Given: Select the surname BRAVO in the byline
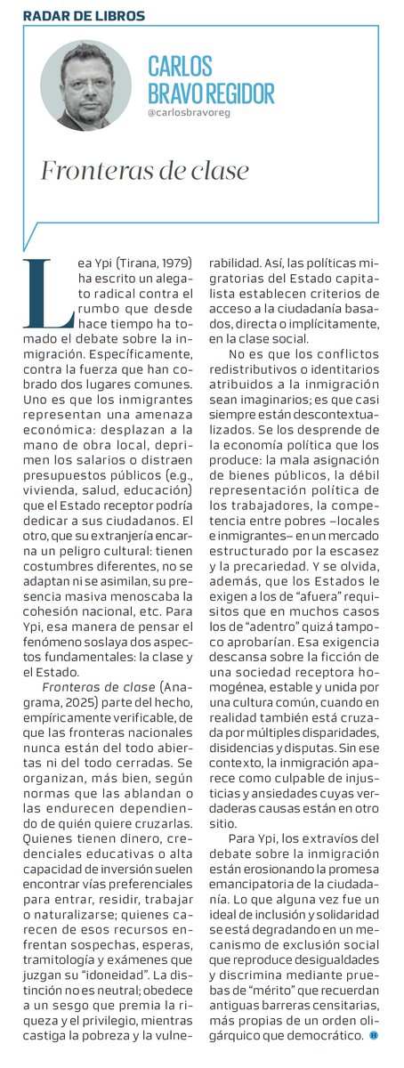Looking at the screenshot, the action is click(182, 93).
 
